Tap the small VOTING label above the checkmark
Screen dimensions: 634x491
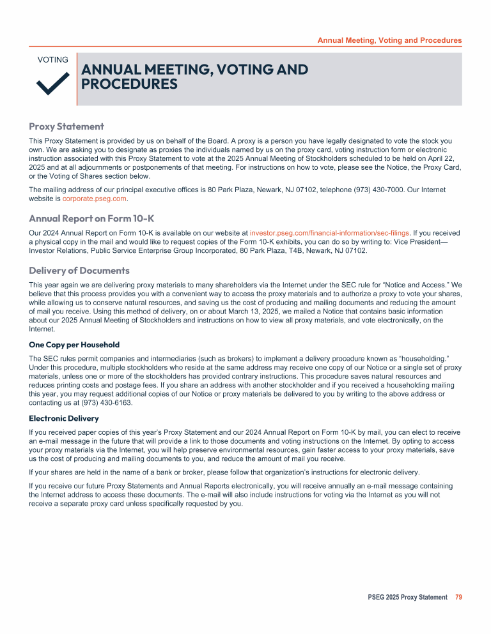[53, 60]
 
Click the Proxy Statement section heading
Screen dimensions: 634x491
[66, 126]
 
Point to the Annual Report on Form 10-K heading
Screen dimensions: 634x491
[91, 218]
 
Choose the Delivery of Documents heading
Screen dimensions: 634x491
[79, 271]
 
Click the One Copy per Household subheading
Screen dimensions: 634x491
[74, 345]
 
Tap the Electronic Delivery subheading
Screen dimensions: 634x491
[64, 418]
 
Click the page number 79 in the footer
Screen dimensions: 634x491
[458, 597]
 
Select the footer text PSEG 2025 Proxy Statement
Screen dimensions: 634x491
[407, 597]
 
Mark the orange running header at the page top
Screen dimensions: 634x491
[389, 40]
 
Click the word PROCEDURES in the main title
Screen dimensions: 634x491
[129, 84]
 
